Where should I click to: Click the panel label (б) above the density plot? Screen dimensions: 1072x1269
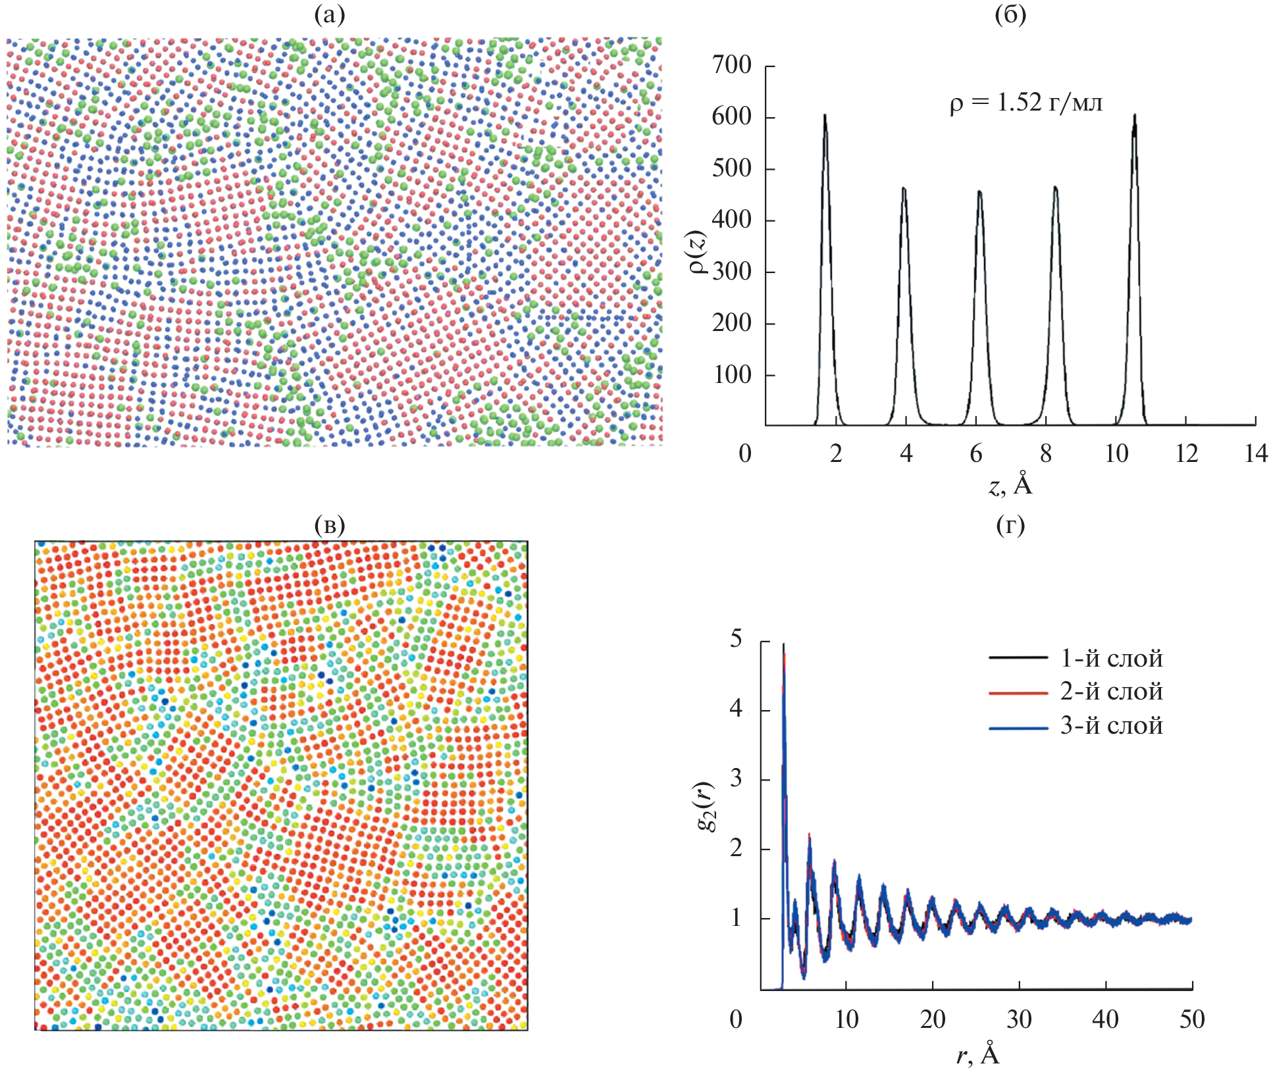click(x=1010, y=14)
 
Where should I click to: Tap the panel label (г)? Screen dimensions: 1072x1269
click(x=1010, y=524)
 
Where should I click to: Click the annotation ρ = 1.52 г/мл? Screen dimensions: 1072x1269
click(x=1025, y=103)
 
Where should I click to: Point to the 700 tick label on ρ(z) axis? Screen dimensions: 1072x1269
click(x=731, y=65)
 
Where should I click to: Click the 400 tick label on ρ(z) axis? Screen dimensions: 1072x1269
click(x=731, y=220)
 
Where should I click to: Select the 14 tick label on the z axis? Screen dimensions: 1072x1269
click(x=1256, y=454)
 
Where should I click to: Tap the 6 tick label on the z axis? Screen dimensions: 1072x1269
click(x=976, y=454)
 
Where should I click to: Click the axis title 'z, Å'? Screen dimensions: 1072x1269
click(x=1010, y=486)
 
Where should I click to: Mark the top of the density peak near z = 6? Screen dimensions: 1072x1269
click(x=979, y=192)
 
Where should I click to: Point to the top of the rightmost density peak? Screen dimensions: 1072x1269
click(x=1135, y=116)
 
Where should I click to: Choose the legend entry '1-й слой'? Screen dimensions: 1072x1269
click(x=1111, y=658)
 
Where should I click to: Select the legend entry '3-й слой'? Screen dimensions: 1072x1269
click(x=1111, y=726)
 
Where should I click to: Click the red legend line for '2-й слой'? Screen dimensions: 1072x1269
click(x=1018, y=693)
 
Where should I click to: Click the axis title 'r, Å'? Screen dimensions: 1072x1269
click(x=977, y=1055)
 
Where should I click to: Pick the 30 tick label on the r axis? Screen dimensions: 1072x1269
click(x=1019, y=1020)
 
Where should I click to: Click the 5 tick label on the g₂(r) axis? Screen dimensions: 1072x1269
click(x=736, y=639)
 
